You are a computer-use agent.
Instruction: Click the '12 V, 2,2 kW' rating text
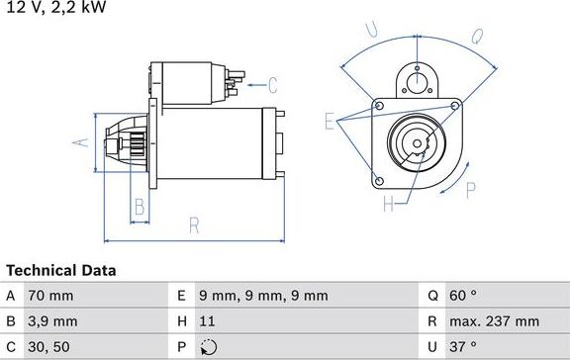[57, 8]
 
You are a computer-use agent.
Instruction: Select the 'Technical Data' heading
[61, 270]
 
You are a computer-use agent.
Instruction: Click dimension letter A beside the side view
[83, 141]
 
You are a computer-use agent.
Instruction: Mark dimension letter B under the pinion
[140, 207]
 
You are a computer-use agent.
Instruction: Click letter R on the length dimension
[194, 225]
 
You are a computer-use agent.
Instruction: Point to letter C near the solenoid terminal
[272, 85]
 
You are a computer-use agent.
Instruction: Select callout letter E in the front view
[330, 121]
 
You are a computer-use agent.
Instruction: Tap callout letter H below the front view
[389, 205]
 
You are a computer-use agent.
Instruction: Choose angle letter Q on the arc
[476, 38]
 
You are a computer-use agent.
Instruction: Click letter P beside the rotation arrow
[471, 190]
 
